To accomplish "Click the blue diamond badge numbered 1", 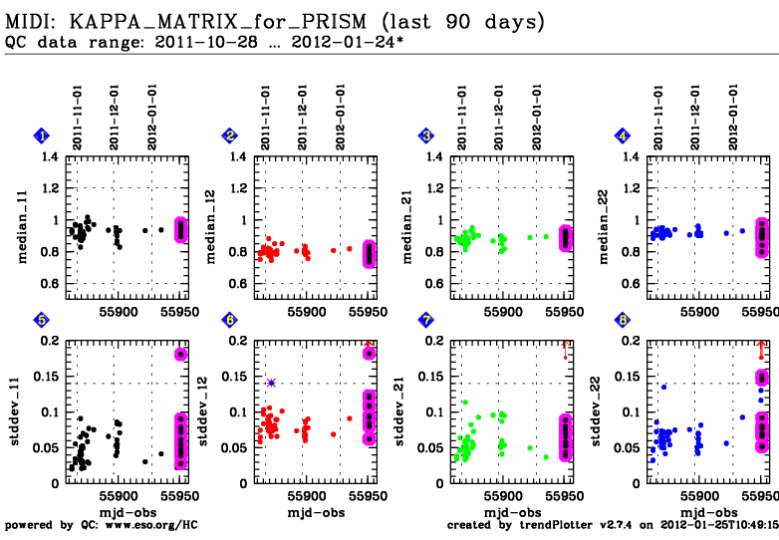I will pos(41,135).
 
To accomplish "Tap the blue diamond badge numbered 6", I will pos(229,320).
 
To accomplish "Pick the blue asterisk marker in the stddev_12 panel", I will pos(271,383).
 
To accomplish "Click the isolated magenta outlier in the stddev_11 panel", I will pos(180,354).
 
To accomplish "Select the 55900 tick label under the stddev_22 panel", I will pos(699,495).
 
